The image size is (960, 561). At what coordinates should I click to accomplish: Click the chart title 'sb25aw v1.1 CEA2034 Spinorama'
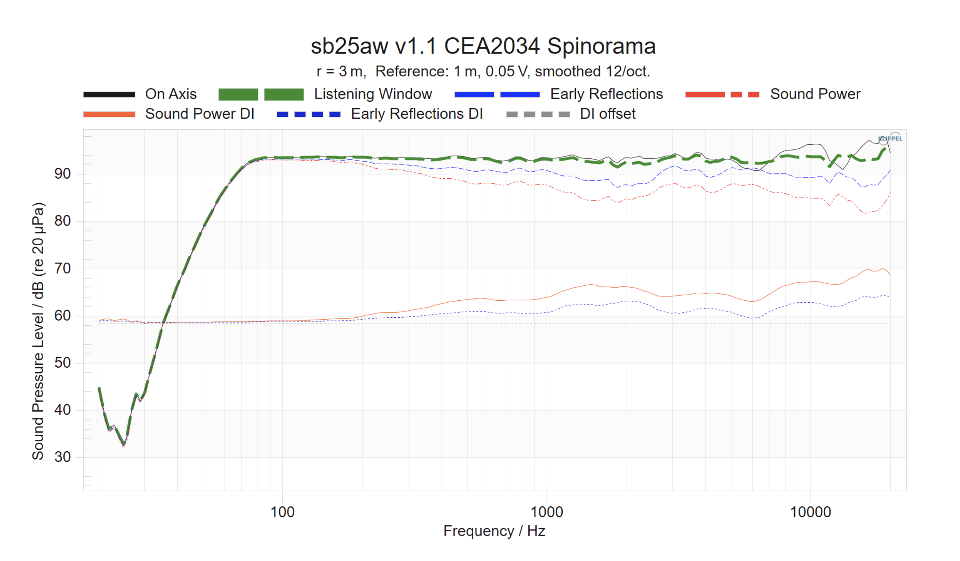coord(483,46)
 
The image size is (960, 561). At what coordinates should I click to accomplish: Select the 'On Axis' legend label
coord(171,94)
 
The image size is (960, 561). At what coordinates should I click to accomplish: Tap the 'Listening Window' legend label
coord(373,94)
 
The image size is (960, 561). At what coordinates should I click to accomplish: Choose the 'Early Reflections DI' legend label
coord(417,114)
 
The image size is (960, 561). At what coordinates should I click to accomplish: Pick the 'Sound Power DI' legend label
coord(200,114)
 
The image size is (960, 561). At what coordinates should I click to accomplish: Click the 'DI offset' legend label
coord(608,114)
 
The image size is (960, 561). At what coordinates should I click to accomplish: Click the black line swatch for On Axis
coord(109,95)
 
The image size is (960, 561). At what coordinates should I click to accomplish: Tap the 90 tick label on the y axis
coord(63,174)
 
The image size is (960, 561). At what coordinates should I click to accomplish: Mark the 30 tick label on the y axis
coord(63,457)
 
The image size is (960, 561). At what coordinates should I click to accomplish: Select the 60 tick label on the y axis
coord(63,316)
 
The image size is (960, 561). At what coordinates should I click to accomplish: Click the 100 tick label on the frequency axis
coord(282,512)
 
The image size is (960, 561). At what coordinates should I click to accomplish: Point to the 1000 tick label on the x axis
coord(547,512)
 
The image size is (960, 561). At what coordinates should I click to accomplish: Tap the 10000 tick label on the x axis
coord(810,512)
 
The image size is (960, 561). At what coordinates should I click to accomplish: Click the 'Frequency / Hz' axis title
coord(494,531)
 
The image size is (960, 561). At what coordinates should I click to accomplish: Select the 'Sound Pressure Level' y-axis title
coord(38,331)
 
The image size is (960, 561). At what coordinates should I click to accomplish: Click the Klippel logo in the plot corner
coord(890,139)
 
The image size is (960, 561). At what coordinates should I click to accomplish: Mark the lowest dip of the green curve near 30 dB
coord(124,444)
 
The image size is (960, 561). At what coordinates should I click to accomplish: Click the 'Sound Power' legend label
coord(815,94)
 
